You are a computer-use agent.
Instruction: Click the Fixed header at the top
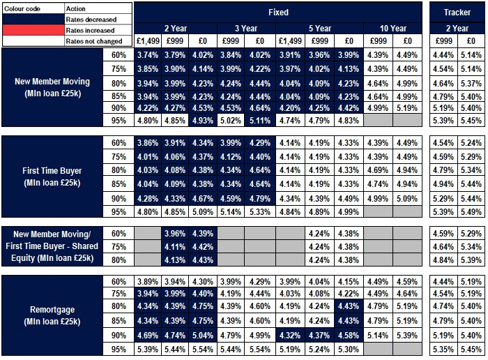coord(278,12)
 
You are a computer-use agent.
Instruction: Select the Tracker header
coord(457,12)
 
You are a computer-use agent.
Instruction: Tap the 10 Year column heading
coord(393,29)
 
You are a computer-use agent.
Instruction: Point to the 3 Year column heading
coord(247,29)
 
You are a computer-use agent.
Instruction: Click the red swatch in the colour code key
coord(32,30)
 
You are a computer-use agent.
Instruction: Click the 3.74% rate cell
coord(148,55)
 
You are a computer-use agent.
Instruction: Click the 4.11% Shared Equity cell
coord(176,246)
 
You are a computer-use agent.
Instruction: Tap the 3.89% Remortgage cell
coord(148,282)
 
